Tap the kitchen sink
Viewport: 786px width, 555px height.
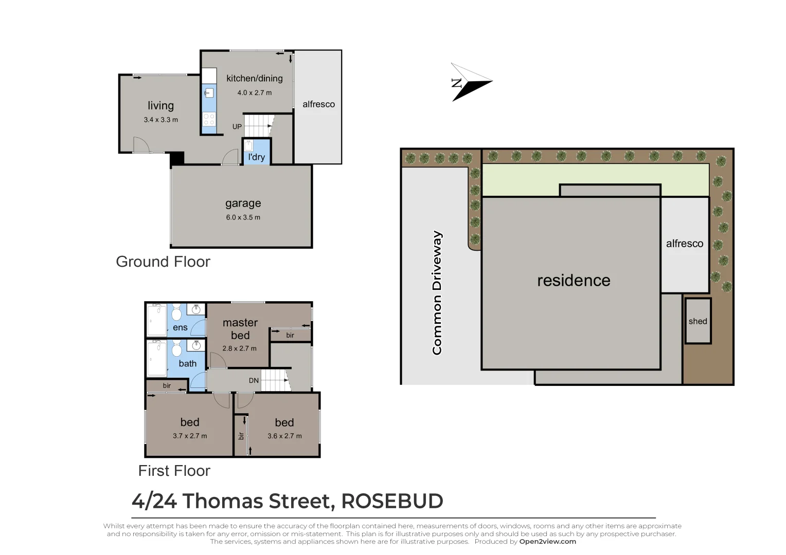coord(209,93)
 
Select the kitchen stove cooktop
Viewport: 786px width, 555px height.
coord(209,119)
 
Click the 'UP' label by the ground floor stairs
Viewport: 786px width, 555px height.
coord(237,126)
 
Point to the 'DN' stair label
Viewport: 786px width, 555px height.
coord(254,381)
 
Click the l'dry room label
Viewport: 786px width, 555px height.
coord(256,157)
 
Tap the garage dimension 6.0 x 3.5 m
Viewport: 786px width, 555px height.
coord(243,217)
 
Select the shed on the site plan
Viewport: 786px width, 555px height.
coord(698,321)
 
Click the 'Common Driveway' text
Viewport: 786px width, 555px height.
coord(437,292)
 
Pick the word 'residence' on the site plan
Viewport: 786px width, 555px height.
coord(574,280)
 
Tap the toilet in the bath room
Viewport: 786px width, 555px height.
coord(176,349)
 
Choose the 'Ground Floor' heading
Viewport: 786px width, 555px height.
coord(163,262)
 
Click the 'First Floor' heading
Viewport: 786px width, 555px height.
coord(174,471)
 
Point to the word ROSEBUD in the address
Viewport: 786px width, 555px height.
coord(392,501)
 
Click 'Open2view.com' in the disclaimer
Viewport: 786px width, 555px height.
coord(547,541)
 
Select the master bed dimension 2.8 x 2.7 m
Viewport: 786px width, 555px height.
coord(239,348)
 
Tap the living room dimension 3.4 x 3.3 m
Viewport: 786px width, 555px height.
coord(160,120)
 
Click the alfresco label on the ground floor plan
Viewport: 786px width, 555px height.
coord(318,104)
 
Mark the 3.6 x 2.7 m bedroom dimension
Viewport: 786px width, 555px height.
coord(284,436)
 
